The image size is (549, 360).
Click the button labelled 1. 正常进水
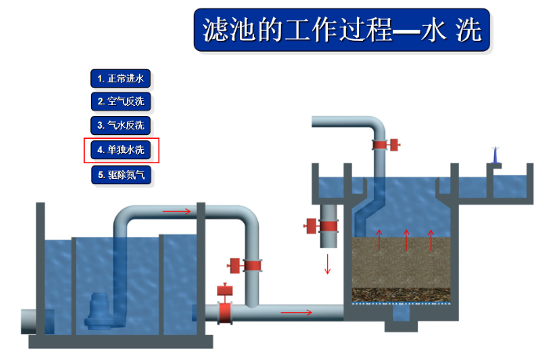(121, 78)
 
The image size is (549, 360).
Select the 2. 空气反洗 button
(121, 101)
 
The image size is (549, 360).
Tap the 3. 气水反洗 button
(121, 125)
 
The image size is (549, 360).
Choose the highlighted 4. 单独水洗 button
(121, 150)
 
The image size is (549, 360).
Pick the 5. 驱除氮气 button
(121, 174)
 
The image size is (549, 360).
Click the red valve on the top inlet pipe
(384, 144)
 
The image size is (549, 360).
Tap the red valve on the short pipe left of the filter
(321, 226)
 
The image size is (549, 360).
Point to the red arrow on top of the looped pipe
(176, 210)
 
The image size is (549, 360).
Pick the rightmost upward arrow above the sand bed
(431, 240)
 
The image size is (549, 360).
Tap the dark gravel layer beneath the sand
(405, 293)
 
